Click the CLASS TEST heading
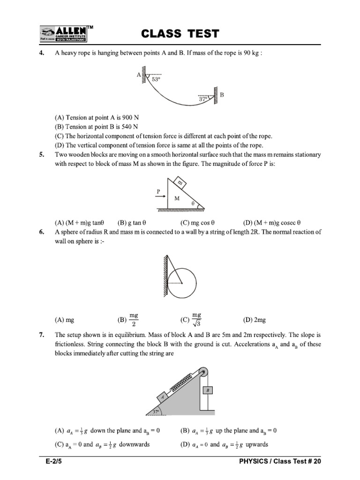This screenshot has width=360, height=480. point(180,33)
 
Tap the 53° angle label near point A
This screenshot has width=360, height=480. point(156,80)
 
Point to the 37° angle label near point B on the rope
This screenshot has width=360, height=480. point(203,99)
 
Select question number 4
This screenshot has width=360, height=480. point(42,53)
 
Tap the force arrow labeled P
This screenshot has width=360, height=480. point(161,197)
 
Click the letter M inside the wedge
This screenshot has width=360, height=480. point(178,199)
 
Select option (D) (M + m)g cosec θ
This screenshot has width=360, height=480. point(271,223)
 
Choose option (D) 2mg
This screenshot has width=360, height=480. point(254,320)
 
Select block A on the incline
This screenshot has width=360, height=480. point(163,397)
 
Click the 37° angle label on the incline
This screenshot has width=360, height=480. point(157,412)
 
